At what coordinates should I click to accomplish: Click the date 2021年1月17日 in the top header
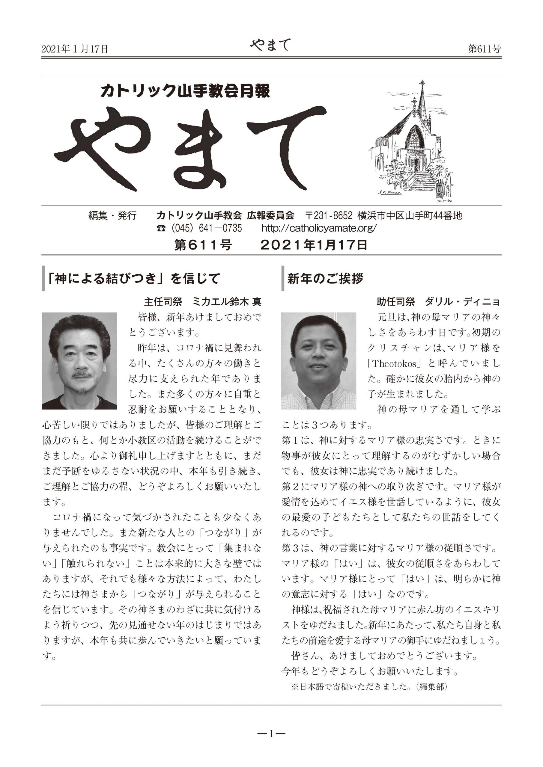(x=75, y=49)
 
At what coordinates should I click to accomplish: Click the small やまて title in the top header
(x=270, y=45)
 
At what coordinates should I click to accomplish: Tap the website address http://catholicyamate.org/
(x=319, y=228)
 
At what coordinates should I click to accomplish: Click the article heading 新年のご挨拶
(x=325, y=278)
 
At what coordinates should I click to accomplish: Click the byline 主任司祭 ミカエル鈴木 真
(x=203, y=302)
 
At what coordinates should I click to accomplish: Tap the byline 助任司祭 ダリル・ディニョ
(x=438, y=302)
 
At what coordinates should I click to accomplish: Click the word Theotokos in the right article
(x=395, y=363)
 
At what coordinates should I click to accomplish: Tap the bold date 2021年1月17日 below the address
(x=314, y=245)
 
